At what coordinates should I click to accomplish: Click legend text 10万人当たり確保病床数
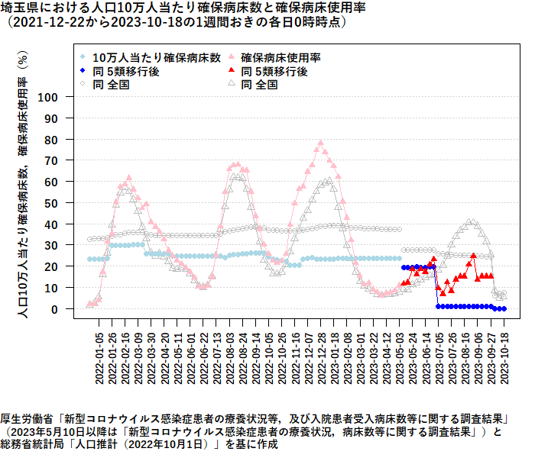point(157,57)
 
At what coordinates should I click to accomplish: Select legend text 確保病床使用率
point(280,57)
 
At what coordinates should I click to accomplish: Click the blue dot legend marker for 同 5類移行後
point(83,71)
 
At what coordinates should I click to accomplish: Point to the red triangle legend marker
point(231,71)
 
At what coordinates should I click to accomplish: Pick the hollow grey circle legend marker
point(83,85)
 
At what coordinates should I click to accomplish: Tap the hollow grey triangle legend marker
point(231,85)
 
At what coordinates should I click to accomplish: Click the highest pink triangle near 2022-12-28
point(320,143)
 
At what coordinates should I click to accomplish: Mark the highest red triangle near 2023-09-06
point(474,256)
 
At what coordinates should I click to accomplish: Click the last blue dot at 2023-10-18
point(504,308)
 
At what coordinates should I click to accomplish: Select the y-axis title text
point(23,183)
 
